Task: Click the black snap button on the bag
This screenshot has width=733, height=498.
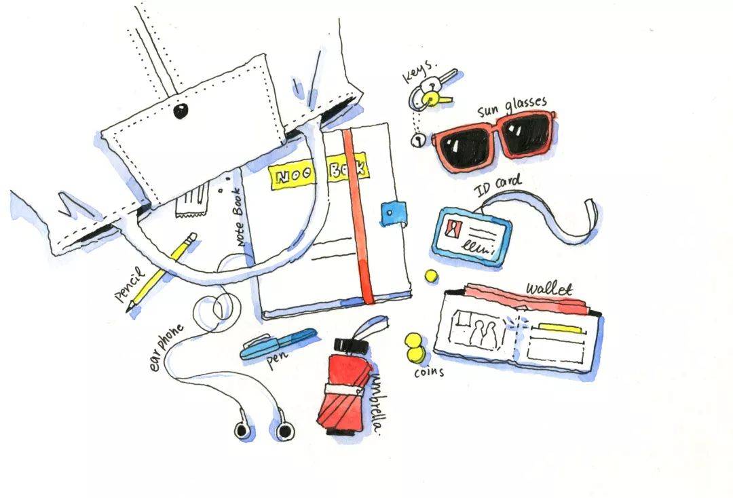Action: [x=181, y=111]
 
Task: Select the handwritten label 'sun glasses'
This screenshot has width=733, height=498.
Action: [x=512, y=107]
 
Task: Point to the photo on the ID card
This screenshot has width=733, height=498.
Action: [x=453, y=228]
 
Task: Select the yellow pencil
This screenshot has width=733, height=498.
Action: [x=162, y=273]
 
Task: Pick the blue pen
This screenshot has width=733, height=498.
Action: [x=278, y=344]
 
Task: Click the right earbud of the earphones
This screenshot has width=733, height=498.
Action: [x=284, y=429]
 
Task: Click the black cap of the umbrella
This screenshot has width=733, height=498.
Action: [x=352, y=346]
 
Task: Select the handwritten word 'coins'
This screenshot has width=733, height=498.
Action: [x=429, y=371]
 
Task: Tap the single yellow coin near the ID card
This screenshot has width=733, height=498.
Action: [x=431, y=275]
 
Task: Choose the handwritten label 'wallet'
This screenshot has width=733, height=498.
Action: [x=549, y=288]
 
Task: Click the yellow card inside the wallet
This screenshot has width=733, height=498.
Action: [x=561, y=328]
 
